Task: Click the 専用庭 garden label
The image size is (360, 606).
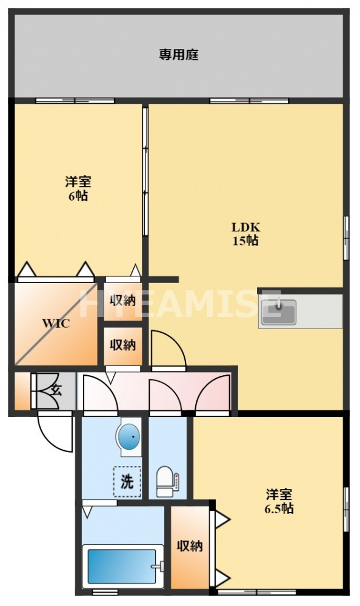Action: (179, 55)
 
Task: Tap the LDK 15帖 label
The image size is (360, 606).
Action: (245, 234)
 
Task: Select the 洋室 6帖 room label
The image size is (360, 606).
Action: (78, 188)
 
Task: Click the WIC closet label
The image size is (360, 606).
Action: (56, 323)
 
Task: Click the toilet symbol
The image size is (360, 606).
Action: (165, 481)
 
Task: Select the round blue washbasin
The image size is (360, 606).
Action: (128, 436)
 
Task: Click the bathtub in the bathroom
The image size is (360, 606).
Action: (122, 565)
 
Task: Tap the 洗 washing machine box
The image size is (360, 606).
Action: (127, 482)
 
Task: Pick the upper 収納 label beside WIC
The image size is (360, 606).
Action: (123, 299)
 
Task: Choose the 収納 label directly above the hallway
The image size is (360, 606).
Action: (122, 345)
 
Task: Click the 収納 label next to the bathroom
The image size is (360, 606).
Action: (190, 546)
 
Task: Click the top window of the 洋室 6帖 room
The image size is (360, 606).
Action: (75, 101)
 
